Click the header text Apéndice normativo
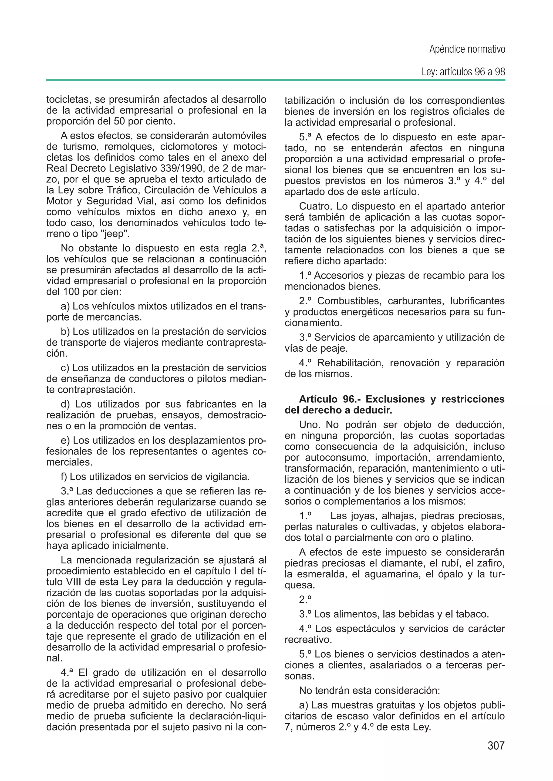point(467,49)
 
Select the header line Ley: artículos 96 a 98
point(463,72)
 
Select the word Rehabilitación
point(349,363)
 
